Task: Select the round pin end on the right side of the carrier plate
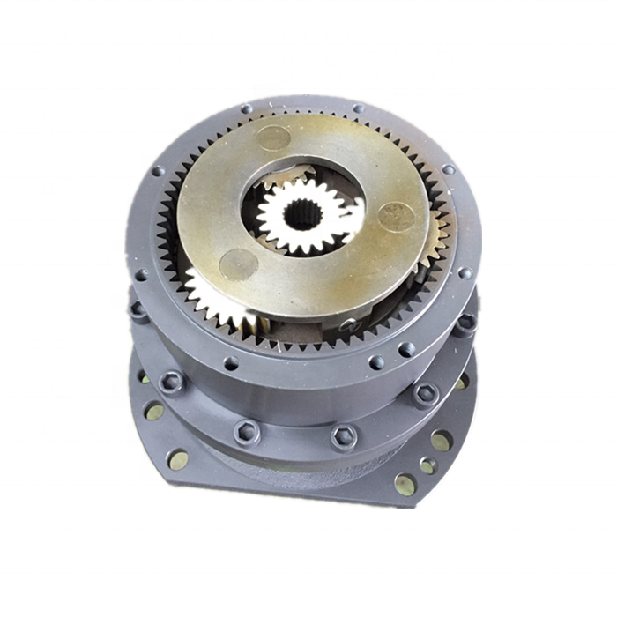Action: [396, 216]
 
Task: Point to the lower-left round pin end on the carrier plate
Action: [238, 262]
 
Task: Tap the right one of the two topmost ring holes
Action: [358, 109]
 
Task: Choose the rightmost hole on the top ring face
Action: [465, 272]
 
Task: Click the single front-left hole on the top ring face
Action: [231, 362]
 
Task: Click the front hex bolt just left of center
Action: [246, 431]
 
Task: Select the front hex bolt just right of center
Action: [343, 436]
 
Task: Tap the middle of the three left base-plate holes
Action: [154, 411]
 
